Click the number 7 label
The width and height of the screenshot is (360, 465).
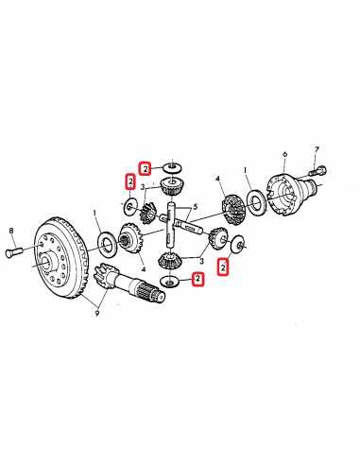(317, 150)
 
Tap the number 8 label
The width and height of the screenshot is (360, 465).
(10, 231)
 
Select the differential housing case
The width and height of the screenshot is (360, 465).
(284, 193)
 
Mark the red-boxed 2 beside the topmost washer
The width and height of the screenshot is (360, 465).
(146, 167)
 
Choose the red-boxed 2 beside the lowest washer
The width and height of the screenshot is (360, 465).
(197, 279)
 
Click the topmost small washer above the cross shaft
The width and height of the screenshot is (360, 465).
(172, 167)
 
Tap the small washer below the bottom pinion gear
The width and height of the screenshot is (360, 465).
(170, 281)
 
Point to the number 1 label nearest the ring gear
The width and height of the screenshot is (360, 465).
(94, 213)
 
